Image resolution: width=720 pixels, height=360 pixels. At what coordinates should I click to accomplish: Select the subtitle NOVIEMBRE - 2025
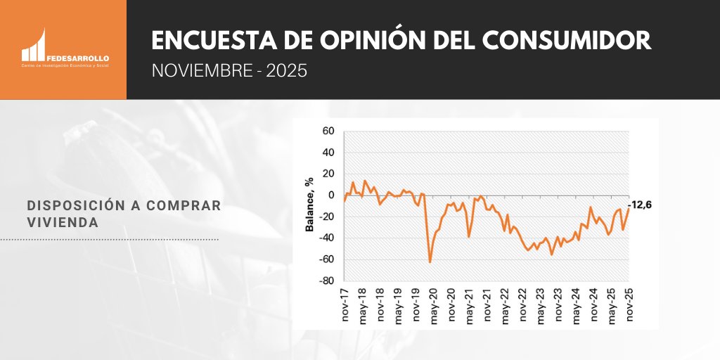click(229, 72)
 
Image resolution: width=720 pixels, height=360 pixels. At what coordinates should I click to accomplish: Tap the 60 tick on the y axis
click(328, 131)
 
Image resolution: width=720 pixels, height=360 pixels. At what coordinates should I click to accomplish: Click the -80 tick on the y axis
click(326, 281)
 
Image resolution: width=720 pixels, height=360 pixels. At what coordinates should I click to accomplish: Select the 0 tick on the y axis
click(330, 195)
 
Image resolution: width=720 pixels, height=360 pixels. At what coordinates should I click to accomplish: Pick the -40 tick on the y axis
click(326, 238)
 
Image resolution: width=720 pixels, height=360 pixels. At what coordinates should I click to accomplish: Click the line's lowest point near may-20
click(430, 262)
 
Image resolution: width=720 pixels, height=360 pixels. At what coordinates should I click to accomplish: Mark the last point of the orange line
click(628, 209)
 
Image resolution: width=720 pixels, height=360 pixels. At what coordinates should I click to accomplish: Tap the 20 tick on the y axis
click(328, 174)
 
